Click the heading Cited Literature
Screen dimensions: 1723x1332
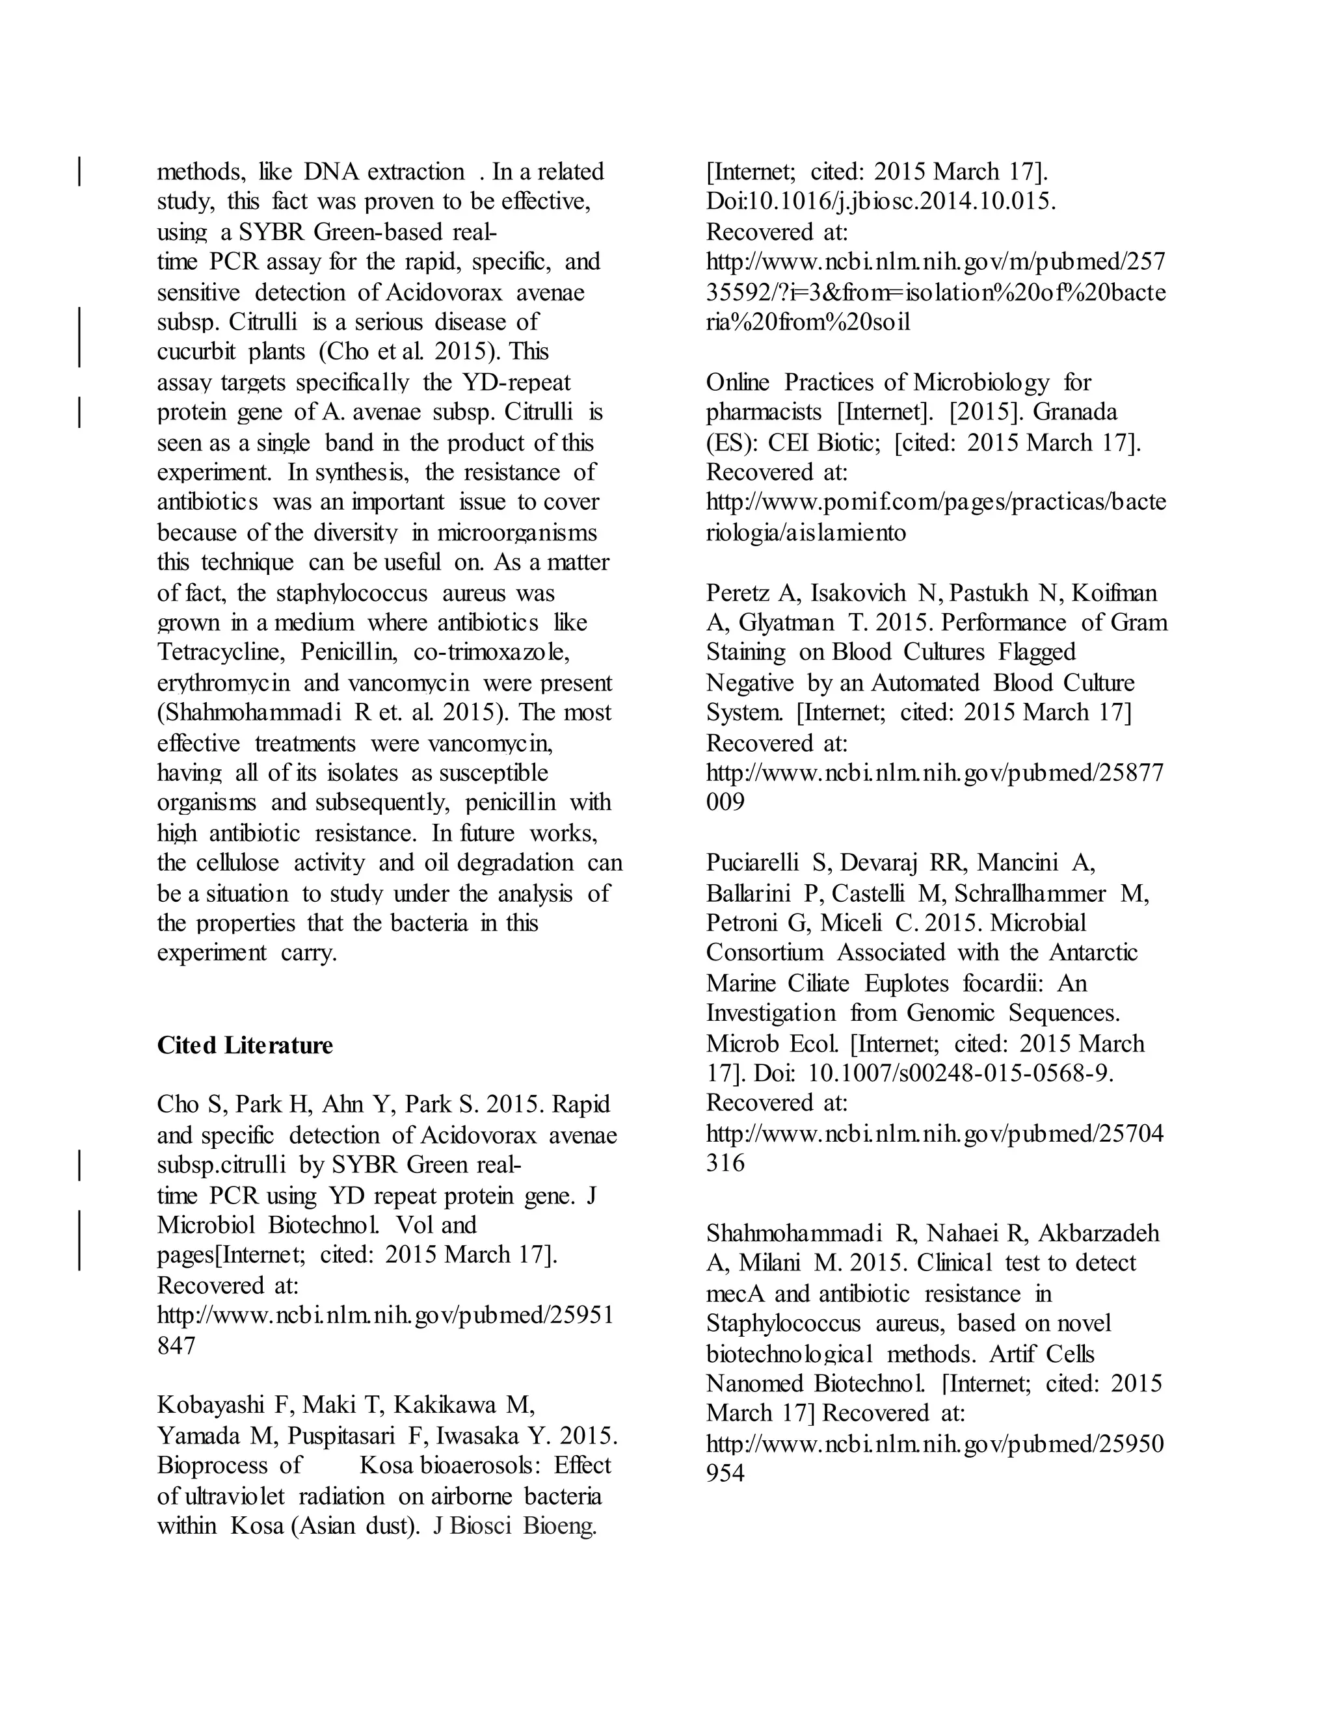[x=245, y=1046]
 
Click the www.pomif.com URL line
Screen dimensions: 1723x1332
[x=935, y=503]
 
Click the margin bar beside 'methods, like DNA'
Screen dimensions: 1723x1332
[x=80, y=171]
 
